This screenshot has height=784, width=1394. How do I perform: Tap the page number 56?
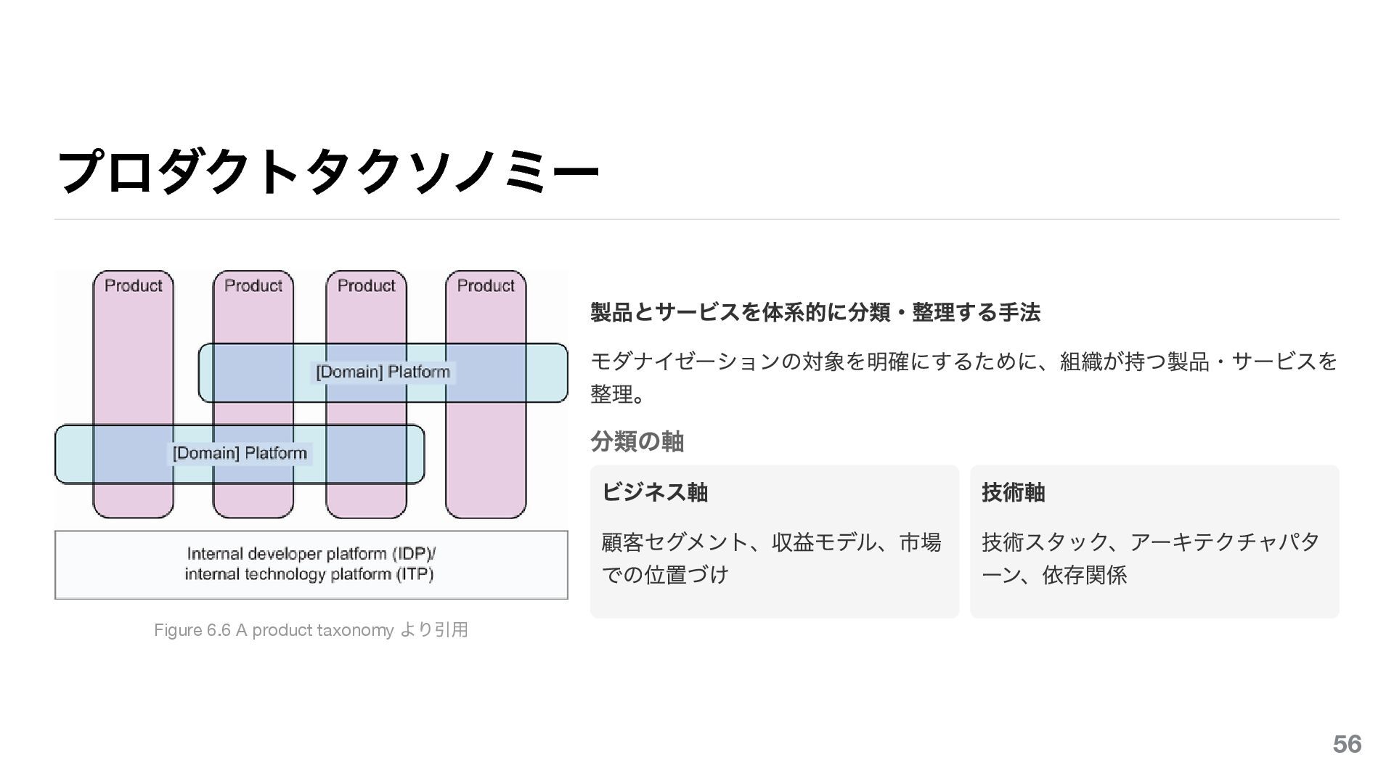point(1347,744)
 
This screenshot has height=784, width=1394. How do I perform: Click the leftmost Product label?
point(134,285)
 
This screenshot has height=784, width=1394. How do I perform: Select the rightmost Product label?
point(486,285)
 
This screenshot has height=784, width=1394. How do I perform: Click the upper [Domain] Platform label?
point(383,372)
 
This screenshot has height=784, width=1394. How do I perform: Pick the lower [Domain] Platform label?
point(240,454)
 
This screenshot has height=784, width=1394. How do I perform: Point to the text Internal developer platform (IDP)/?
point(311,554)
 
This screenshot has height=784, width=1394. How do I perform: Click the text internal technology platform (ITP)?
point(309,575)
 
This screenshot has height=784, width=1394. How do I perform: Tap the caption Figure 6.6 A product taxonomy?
point(274,630)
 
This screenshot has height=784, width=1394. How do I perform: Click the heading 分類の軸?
point(637,441)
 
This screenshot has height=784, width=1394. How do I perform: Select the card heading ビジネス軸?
point(654,492)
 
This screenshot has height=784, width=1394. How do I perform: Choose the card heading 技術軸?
point(1013,492)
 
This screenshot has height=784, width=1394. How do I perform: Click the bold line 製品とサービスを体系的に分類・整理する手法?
point(815,313)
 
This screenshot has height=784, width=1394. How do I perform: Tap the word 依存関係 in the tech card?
point(1085,576)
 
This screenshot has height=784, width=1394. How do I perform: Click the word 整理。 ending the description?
point(617,394)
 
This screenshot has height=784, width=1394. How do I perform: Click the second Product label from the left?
point(253,285)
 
